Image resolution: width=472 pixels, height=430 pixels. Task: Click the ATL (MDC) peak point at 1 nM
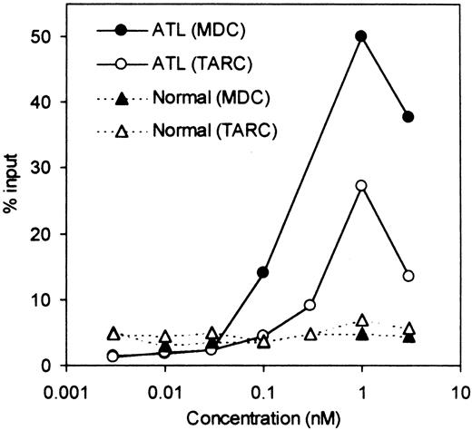coord(361,36)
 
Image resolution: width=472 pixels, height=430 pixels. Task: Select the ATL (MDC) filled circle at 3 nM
coord(408,117)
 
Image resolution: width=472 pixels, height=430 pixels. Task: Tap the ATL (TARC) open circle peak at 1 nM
coord(361,185)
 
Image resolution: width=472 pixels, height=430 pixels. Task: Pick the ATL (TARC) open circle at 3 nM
coord(408,276)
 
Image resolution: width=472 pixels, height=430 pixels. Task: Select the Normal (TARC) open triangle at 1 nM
coord(361,320)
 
